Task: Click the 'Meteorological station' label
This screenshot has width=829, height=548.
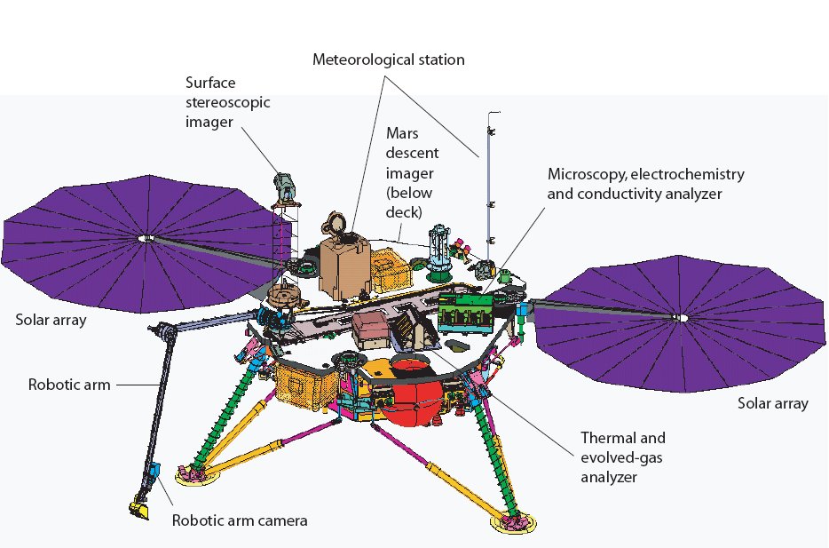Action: click(388, 60)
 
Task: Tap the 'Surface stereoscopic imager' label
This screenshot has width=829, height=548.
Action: click(227, 102)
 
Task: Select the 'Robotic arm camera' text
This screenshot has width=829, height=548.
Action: click(239, 520)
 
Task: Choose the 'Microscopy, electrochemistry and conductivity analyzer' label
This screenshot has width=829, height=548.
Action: click(645, 182)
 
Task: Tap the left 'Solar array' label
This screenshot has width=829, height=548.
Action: click(51, 320)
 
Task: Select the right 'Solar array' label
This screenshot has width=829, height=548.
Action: click(773, 403)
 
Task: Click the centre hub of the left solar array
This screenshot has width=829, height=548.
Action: click(144, 238)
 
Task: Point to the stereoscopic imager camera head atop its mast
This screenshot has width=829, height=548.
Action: click(286, 185)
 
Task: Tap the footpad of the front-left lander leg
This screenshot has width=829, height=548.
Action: click(189, 473)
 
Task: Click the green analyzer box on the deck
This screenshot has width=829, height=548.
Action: click(466, 311)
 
